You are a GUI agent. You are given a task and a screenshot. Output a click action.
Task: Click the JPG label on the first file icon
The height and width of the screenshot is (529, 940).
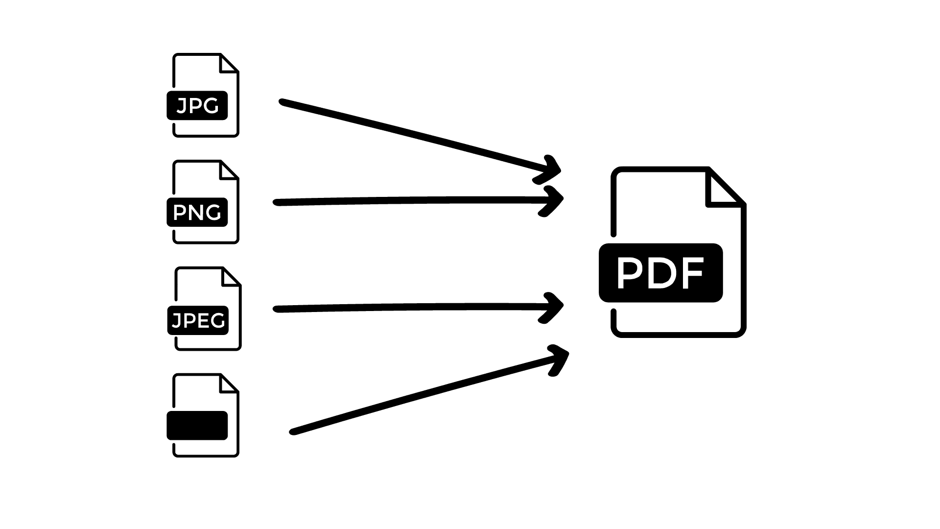[x=197, y=105]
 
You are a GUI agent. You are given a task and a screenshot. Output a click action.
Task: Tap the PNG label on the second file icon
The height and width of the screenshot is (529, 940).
[x=197, y=212]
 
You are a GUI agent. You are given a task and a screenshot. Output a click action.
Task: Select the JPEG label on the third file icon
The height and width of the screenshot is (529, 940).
[x=198, y=320]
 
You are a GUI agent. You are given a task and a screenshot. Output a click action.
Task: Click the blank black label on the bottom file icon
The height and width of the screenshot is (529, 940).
[x=197, y=425]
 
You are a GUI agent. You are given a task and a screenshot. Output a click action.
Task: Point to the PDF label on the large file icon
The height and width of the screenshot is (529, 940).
[x=660, y=273]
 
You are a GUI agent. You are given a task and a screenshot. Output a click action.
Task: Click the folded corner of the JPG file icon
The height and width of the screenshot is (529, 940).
[x=228, y=64]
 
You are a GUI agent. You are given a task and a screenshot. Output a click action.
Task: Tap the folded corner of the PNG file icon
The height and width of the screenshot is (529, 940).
[x=228, y=170]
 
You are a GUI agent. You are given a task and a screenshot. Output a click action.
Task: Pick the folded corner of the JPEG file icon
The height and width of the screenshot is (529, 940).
[x=231, y=277]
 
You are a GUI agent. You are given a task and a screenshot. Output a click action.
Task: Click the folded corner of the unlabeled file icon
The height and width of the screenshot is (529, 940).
[x=228, y=384]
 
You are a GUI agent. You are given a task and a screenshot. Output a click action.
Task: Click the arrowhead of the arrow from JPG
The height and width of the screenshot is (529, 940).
[x=553, y=169]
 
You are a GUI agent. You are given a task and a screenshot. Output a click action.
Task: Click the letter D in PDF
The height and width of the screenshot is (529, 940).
[x=660, y=273]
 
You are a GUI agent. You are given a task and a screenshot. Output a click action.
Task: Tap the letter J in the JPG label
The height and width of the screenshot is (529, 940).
[x=181, y=106]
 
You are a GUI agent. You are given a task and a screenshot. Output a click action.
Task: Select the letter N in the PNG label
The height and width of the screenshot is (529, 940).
[x=197, y=213]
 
